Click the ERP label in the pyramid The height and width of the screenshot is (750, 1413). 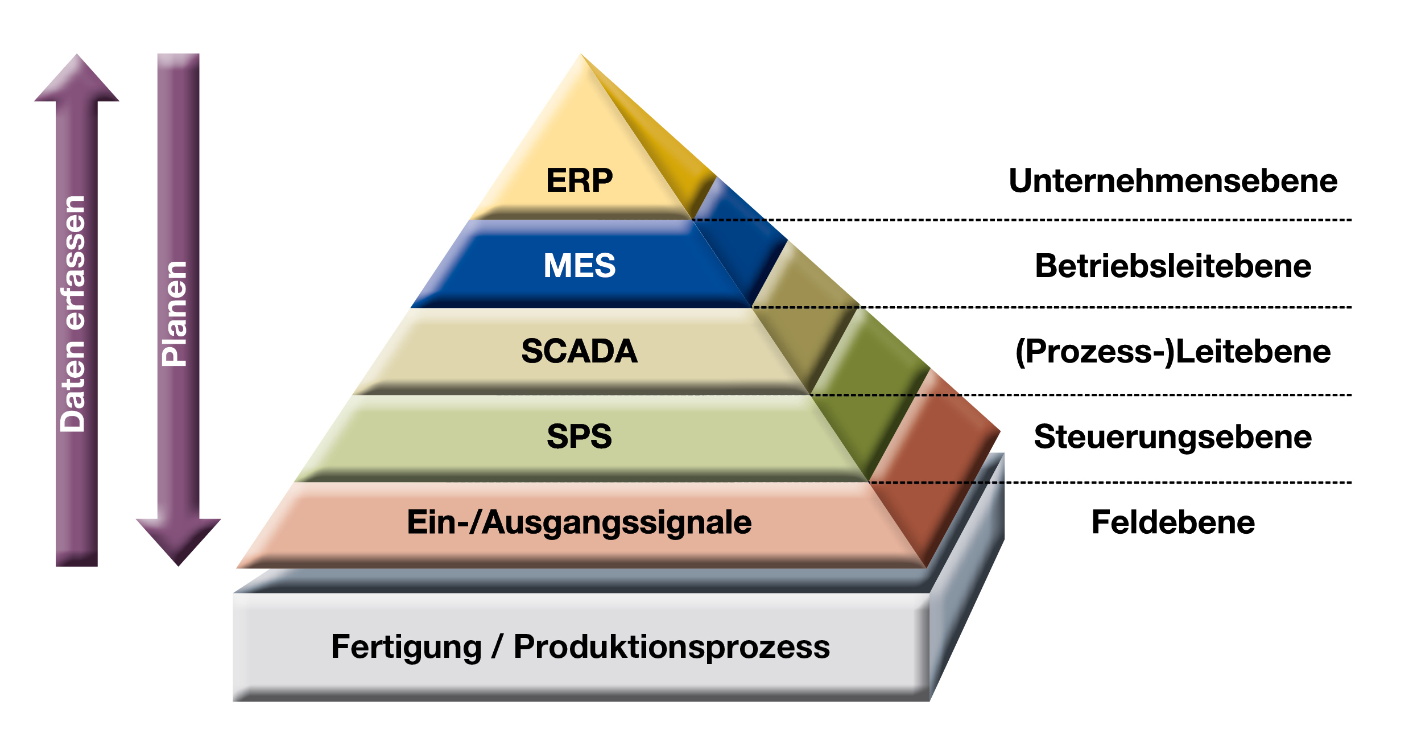579,180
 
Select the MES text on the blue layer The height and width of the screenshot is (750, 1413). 579,265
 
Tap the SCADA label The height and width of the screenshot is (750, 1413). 579,351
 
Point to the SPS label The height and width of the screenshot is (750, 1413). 579,436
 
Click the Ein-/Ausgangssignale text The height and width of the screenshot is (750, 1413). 579,522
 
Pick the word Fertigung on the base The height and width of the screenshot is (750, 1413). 406,647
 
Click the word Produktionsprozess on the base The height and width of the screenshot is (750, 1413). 671,647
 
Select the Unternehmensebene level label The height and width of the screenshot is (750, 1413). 1173,181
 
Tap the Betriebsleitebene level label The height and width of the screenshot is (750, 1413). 1173,266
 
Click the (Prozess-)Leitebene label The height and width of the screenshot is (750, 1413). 1173,351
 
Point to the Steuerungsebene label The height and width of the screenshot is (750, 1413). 1173,437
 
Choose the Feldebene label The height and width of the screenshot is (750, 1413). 1173,522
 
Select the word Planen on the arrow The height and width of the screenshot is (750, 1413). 175,314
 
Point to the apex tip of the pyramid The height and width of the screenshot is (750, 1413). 581,55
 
